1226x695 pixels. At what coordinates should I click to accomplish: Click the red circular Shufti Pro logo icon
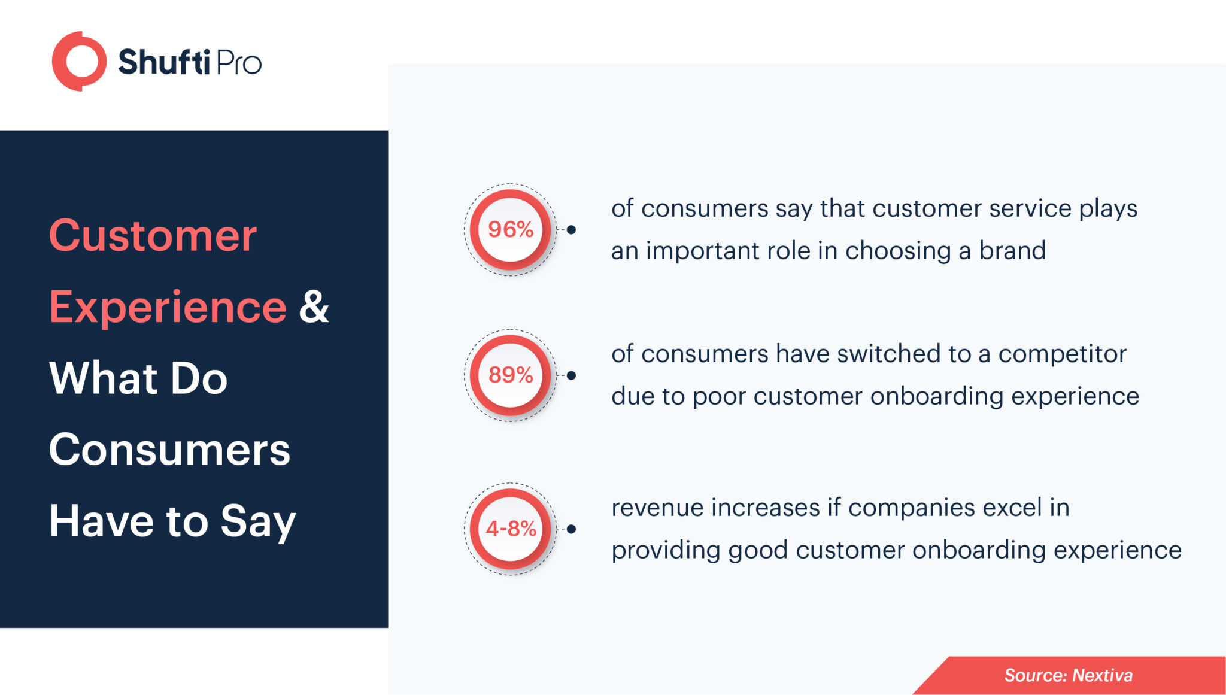(x=79, y=61)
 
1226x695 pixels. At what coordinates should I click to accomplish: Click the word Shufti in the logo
(x=163, y=62)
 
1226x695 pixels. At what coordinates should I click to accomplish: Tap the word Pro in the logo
(x=238, y=63)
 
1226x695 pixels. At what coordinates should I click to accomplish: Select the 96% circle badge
(x=510, y=229)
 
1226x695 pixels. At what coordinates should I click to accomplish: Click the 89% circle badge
(x=510, y=375)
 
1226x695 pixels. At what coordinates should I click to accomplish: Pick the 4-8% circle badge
(x=510, y=529)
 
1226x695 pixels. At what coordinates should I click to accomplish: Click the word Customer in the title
(x=153, y=236)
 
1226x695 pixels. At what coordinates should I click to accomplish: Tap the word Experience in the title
(x=168, y=307)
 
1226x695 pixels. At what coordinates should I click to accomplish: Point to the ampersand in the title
(x=314, y=307)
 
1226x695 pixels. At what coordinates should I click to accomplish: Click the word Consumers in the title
(x=169, y=450)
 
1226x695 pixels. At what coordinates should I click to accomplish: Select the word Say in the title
(x=258, y=521)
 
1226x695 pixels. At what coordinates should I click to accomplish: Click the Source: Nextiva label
(x=1068, y=675)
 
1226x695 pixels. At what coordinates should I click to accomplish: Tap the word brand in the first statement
(x=1012, y=250)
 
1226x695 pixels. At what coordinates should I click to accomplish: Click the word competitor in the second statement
(x=1062, y=354)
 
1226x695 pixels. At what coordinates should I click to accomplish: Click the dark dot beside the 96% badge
(x=571, y=230)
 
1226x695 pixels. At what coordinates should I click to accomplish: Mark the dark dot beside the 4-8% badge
(x=571, y=529)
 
